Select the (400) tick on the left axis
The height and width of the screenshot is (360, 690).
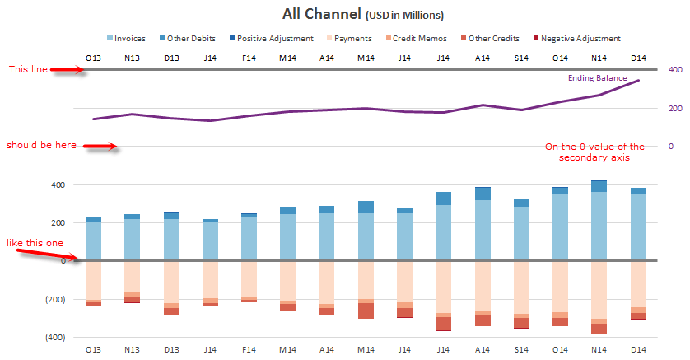[54, 338]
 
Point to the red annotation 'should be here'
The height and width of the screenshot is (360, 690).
[41, 145]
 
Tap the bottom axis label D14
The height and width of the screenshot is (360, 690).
[639, 350]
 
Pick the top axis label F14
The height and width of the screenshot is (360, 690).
[249, 57]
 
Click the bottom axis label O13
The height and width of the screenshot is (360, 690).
[93, 350]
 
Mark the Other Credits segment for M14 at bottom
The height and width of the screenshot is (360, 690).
[366, 311]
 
